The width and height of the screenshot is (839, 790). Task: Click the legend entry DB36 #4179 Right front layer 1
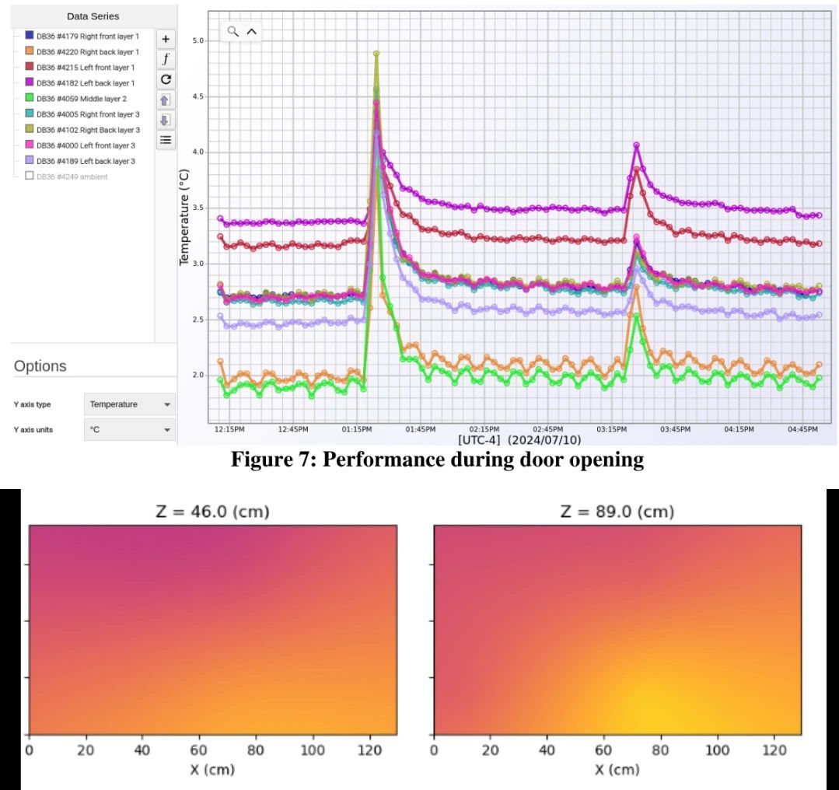[x=82, y=36]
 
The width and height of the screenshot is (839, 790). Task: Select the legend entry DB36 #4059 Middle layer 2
[x=75, y=98]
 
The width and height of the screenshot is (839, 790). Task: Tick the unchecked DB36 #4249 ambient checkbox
[x=30, y=177]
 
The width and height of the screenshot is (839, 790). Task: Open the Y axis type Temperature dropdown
[x=129, y=404]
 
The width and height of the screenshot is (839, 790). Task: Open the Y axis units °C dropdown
[x=129, y=429]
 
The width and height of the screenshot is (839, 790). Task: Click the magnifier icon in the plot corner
[x=232, y=32]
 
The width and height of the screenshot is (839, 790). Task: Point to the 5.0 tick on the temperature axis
[x=198, y=40]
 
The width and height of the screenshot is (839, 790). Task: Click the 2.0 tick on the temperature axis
[x=198, y=376]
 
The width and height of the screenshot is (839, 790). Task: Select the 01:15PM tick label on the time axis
[x=356, y=428]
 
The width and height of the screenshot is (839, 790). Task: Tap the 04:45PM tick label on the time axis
[x=802, y=428]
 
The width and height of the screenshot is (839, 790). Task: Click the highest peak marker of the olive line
[x=376, y=54]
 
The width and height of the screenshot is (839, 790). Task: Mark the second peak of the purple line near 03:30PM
[x=636, y=145]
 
